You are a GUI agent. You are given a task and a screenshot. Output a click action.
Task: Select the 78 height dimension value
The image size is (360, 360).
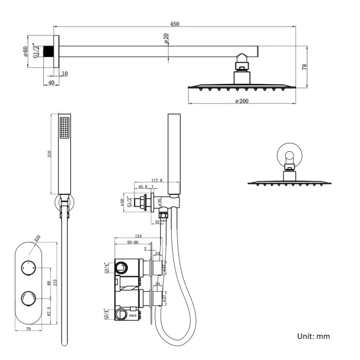tap(305, 67)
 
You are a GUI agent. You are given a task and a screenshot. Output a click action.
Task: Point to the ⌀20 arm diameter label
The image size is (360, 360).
tap(166, 38)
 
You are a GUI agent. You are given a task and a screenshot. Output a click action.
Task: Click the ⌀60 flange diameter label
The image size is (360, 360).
tap(25, 53)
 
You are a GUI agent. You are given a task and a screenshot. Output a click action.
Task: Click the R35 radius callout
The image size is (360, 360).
tap(38, 238)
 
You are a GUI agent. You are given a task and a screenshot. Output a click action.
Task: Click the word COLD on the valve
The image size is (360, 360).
tap(132, 315)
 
